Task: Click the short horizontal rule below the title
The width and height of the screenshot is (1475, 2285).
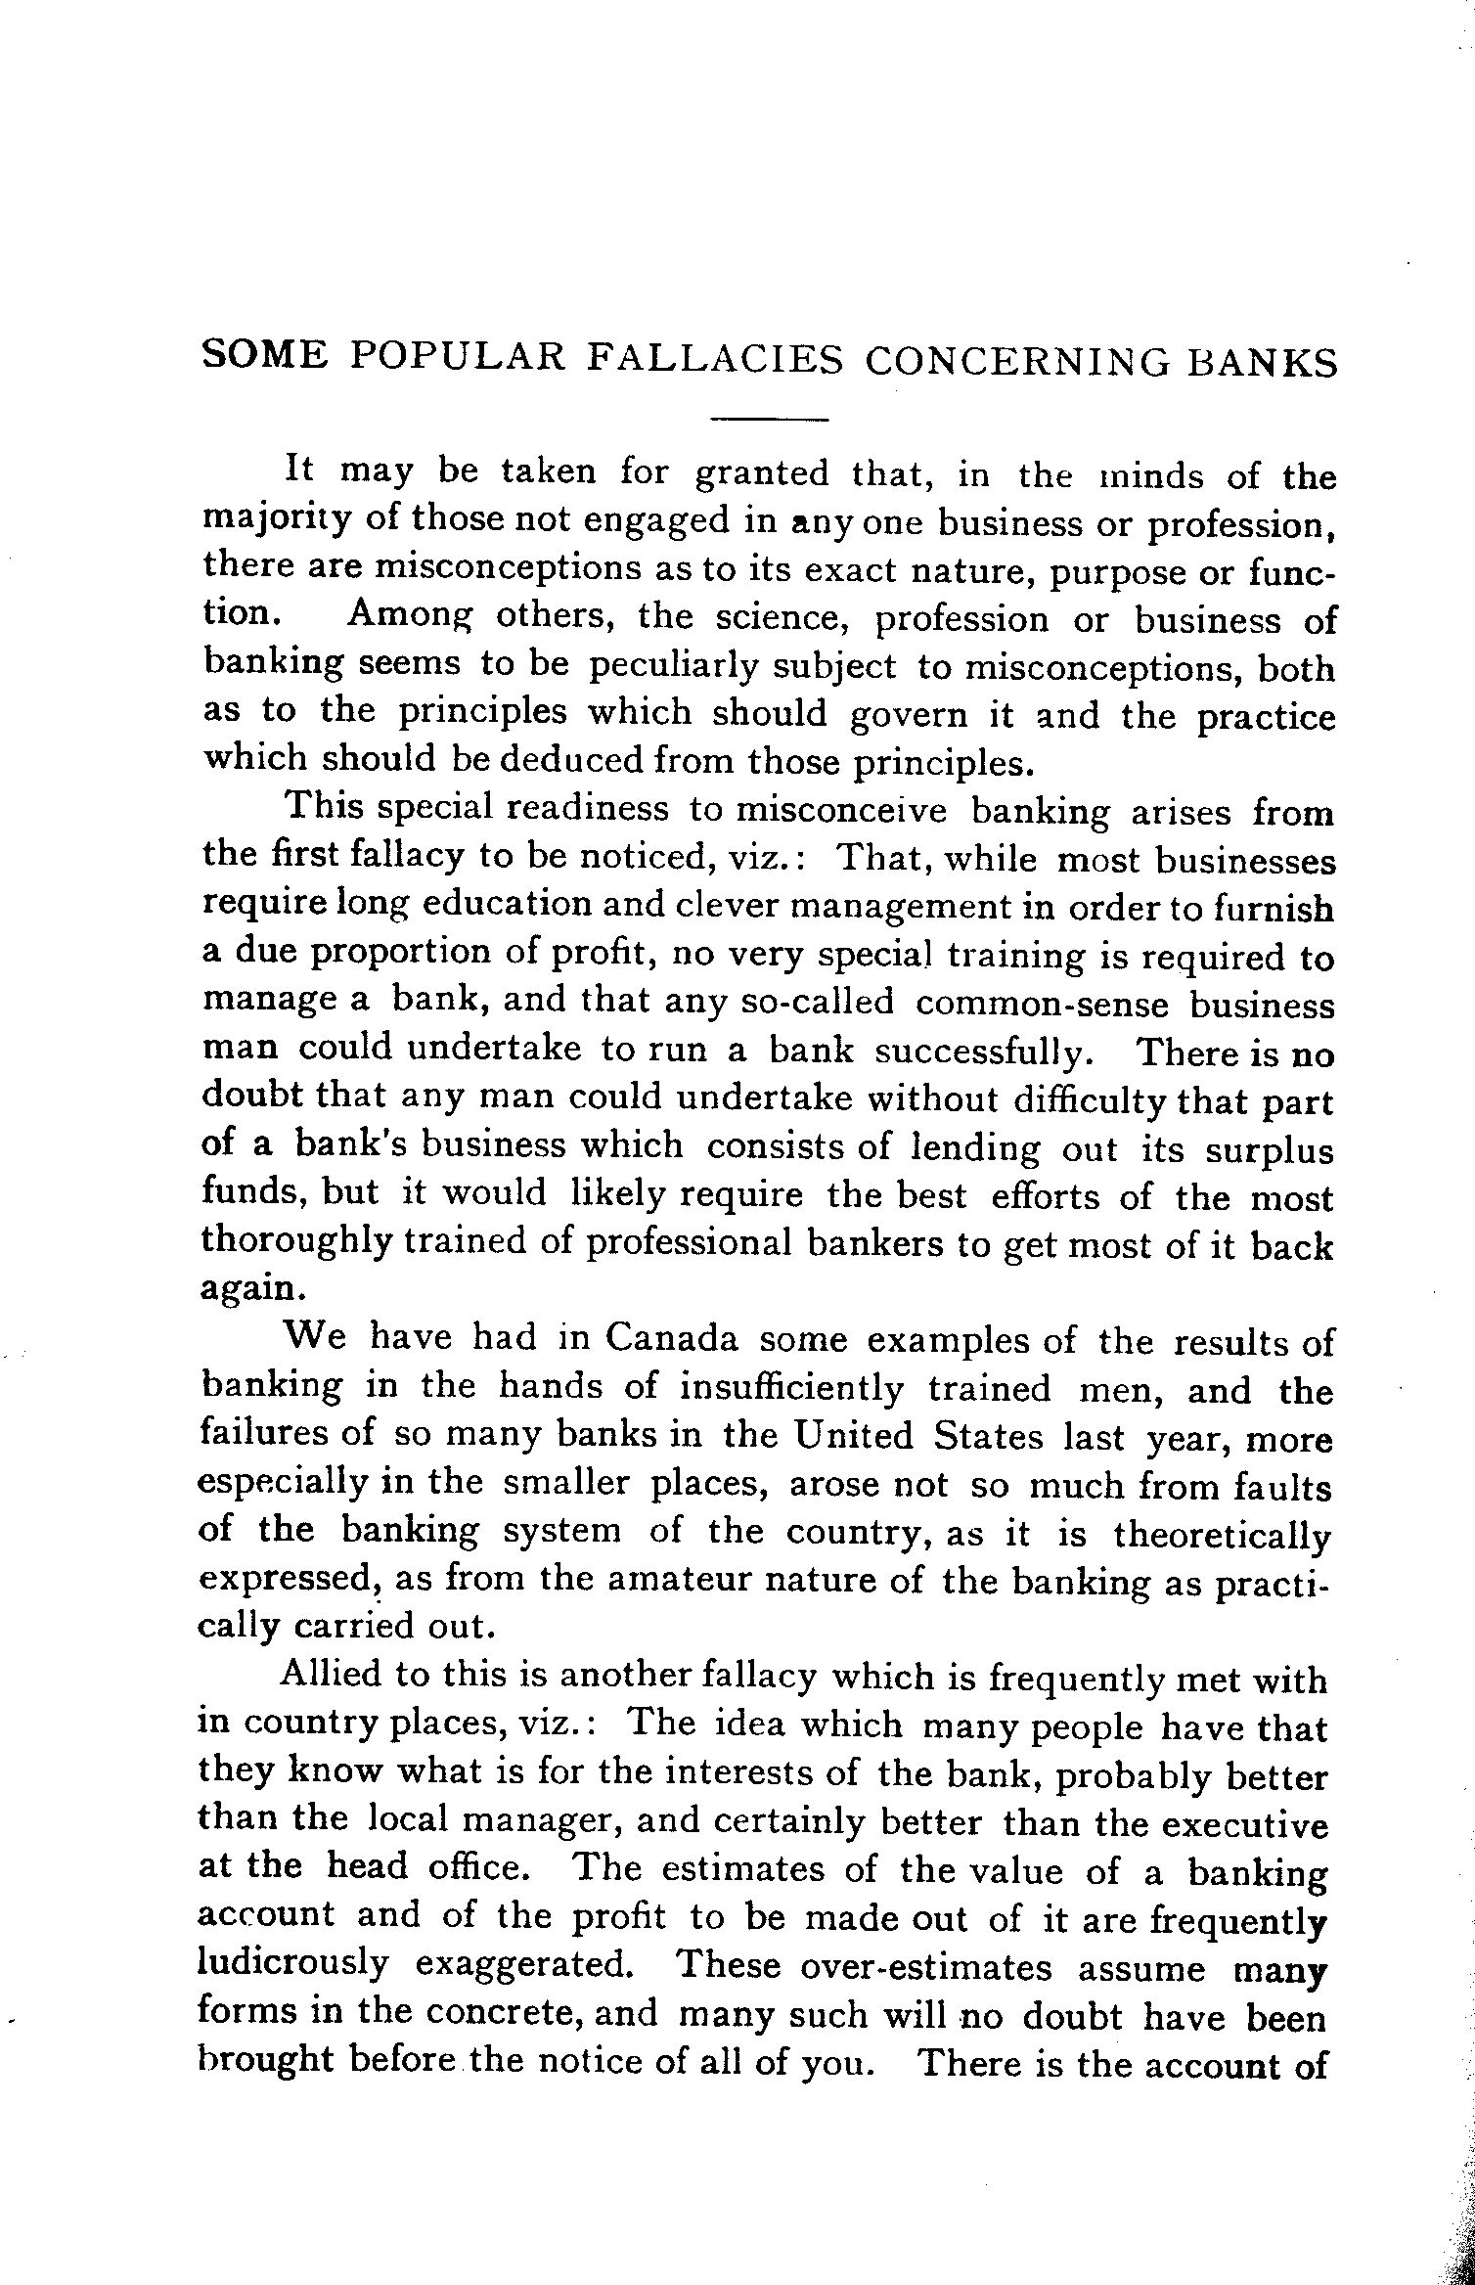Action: click(769, 421)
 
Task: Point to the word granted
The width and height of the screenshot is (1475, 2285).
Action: click(761, 474)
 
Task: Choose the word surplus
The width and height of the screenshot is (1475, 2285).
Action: click(1269, 1150)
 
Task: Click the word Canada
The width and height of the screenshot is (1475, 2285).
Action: click(671, 1338)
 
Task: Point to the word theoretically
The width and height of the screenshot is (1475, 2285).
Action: click(1223, 1534)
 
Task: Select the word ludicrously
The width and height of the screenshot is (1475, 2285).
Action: click(293, 1961)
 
